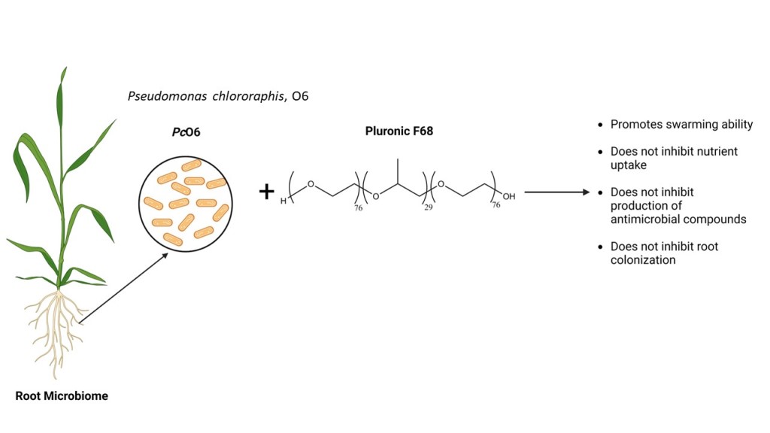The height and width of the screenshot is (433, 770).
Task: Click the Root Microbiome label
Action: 62,395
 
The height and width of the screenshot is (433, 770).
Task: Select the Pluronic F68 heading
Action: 399,131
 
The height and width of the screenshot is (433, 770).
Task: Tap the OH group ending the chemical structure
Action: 509,197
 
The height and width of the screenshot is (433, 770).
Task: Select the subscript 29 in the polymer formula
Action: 428,207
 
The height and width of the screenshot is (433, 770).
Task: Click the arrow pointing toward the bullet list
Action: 556,192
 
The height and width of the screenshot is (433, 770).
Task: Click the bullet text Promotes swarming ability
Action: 681,124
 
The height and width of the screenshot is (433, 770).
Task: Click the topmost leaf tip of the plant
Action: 65,69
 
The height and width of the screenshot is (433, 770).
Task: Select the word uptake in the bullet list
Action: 628,164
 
